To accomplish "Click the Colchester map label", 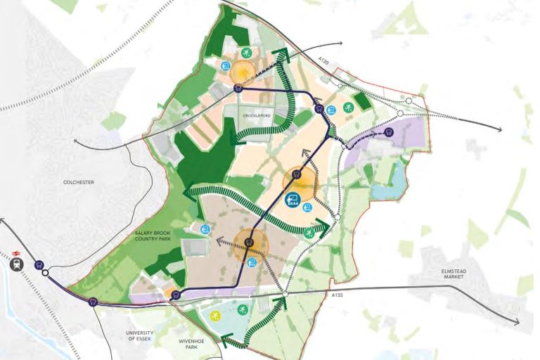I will click(x=77, y=182).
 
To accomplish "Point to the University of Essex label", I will click(x=139, y=336).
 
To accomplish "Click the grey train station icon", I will click(x=18, y=265).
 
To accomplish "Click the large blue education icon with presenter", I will click(x=292, y=199).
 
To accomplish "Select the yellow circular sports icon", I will click(x=216, y=314).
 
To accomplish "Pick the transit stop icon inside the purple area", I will click(x=390, y=131).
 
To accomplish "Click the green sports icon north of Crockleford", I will click(x=246, y=53).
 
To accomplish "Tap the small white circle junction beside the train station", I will click(x=45, y=274).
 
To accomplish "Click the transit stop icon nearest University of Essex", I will click(x=92, y=302).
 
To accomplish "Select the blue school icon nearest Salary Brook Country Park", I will click(x=205, y=229).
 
